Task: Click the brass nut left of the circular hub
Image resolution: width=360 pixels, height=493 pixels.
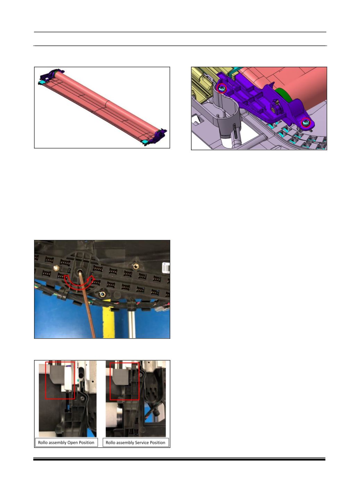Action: coord(56,268)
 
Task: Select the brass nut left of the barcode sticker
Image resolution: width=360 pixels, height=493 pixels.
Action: coord(135,267)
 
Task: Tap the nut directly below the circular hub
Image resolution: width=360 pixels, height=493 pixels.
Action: coord(102,294)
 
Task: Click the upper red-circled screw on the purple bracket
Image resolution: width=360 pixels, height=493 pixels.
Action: coord(222,89)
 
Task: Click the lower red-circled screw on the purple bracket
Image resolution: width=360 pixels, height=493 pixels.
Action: coord(305,122)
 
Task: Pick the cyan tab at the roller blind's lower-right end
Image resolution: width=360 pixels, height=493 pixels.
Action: coord(145,142)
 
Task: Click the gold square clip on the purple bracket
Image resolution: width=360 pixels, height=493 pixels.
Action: coord(273,109)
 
